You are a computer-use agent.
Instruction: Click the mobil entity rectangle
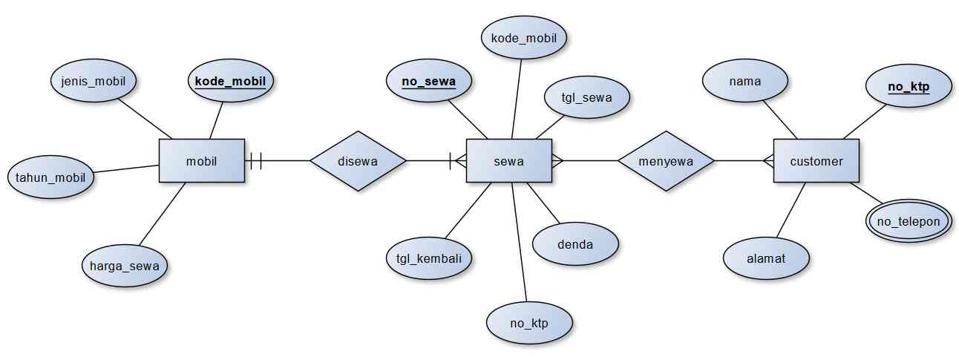[201, 160]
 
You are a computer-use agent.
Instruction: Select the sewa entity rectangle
[508, 160]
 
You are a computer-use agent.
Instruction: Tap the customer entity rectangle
[816, 160]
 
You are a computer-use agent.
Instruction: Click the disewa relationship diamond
[358, 160]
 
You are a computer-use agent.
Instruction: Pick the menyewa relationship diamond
[665, 160]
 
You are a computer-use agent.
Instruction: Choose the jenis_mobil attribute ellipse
[94, 80]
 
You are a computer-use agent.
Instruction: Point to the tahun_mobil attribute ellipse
[50, 178]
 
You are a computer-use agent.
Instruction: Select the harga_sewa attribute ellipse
[125, 265]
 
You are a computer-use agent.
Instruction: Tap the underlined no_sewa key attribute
[428, 80]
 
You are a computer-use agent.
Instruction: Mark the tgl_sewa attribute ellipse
[587, 97]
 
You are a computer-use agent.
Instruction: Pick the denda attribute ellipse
[575, 243]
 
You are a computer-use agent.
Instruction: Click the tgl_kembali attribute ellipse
[429, 258]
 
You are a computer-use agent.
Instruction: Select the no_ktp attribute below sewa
[529, 323]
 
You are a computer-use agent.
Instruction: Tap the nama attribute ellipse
[744, 81]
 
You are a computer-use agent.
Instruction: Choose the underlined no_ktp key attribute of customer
[909, 86]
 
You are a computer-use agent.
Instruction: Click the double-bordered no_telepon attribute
[909, 221]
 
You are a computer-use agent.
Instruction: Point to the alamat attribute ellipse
[767, 258]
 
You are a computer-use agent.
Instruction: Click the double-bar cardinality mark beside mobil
[256, 160]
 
